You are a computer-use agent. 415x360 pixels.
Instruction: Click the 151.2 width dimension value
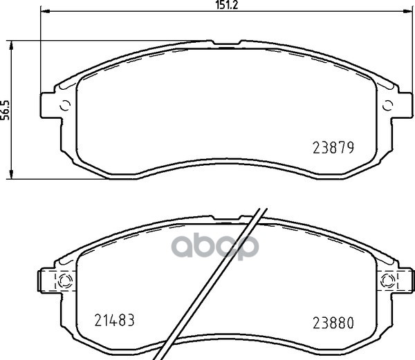227,5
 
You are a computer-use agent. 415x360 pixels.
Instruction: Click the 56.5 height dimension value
5,110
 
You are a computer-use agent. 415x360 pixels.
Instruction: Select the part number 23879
333,148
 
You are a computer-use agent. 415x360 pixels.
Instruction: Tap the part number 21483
114,320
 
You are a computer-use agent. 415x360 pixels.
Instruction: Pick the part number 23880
333,323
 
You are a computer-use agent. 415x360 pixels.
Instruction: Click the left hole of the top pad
65,106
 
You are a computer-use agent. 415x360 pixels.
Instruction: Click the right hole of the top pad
388,106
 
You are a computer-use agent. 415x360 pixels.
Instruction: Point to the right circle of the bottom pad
388,280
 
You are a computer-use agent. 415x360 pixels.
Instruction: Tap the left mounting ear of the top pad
50,106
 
